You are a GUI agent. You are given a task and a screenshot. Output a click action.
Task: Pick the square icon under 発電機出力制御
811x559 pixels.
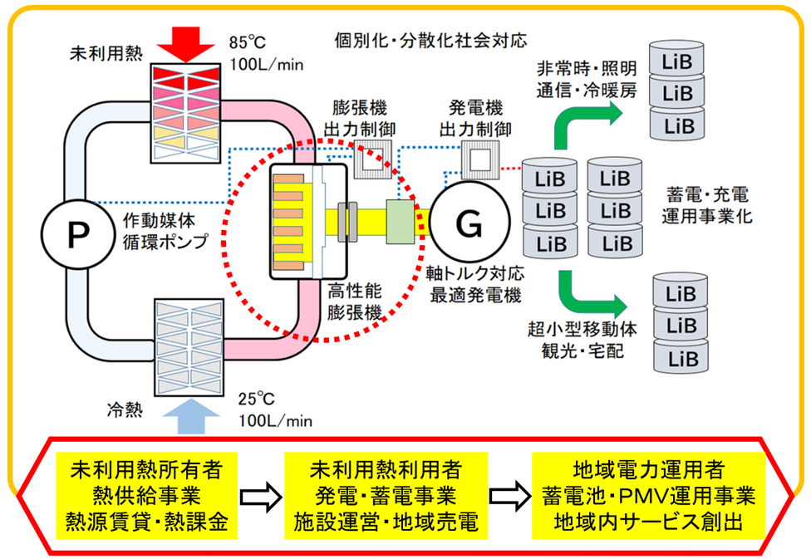pos(480,159)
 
